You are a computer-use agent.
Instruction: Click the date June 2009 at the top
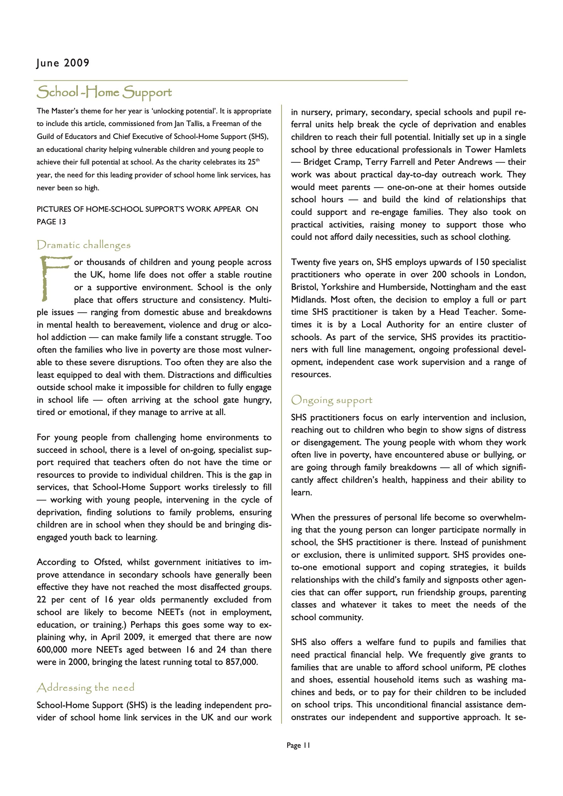[63, 63]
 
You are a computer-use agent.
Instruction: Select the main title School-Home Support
[104, 92]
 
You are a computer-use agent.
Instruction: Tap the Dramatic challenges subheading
[84, 245]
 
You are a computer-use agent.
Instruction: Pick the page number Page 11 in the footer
[298, 745]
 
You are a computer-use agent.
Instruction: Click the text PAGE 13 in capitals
[51, 222]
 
